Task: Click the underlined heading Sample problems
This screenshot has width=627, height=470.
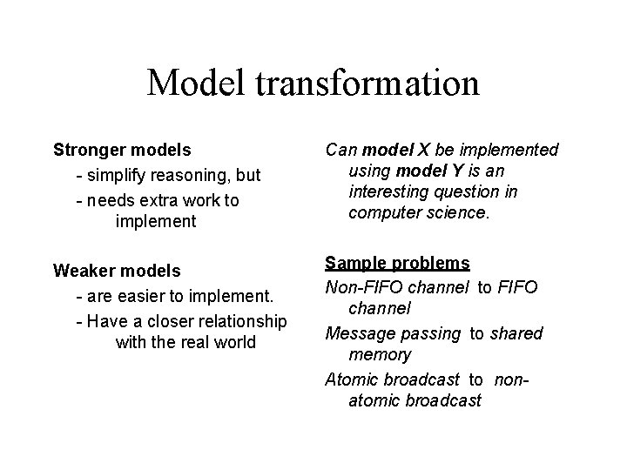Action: pyautogui.click(x=397, y=263)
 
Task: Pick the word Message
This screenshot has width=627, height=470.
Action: pyautogui.click(x=357, y=333)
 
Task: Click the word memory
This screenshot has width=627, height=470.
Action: pyautogui.click(x=380, y=354)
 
